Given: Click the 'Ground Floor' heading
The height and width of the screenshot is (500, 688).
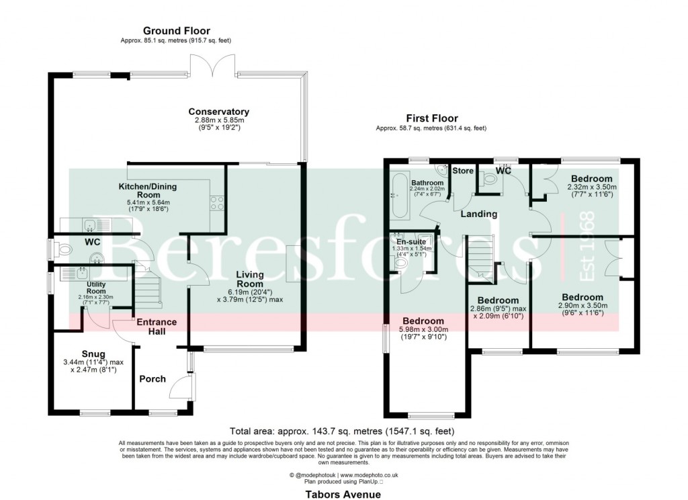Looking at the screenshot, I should pos(176,31).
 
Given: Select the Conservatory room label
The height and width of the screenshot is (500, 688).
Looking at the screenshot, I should pos(218,112).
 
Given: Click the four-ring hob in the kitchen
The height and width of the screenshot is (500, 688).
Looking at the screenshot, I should pos(218,202).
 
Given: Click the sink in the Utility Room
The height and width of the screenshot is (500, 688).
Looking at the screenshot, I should pos(81,273).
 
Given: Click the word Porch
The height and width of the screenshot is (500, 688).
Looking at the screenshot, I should pos(153,379).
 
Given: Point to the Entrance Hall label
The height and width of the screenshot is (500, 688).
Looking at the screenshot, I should pos(157,326).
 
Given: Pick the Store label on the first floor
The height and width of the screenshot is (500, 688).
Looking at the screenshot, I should pos(462,171).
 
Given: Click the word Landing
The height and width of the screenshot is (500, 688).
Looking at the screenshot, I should pos(478,214).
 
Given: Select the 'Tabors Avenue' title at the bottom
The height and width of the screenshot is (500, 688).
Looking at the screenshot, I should pos(343,495).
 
